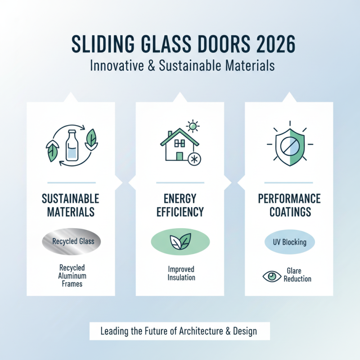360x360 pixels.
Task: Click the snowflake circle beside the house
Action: pos(194,159)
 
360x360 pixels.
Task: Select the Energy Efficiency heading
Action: pos(180,205)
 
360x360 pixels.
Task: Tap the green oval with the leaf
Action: pos(180,242)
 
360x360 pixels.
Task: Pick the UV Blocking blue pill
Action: pos(289,242)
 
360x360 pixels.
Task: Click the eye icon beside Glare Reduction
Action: pos(271,276)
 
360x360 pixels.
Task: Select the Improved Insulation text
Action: pos(180,273)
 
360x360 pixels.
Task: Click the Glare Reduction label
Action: pos(297,275)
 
